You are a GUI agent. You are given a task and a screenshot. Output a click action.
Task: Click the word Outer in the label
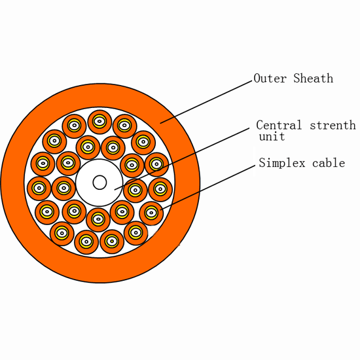click(270, 79)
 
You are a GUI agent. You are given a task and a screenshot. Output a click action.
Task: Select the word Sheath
click(313, 79)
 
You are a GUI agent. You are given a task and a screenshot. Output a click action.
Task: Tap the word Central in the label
click(279, 125)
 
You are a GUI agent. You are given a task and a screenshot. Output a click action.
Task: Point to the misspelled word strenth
click(333, 125)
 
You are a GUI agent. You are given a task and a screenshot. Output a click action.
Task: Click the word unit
click(272, 136)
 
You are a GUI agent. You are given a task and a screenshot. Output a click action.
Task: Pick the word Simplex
click(282, 163)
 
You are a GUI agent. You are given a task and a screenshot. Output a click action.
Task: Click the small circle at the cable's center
click(99, 183)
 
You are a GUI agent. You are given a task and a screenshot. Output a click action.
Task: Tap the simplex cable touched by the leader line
click(151, 213)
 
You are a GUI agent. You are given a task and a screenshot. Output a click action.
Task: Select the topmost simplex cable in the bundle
click(99, 122)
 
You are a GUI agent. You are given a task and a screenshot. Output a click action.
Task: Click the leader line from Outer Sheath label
click(206, 102)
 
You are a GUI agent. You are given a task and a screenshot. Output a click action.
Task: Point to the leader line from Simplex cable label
click(207, 188)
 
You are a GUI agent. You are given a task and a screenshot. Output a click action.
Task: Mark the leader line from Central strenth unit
click(181, 159)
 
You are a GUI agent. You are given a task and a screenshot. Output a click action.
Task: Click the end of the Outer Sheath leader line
click(160, 123)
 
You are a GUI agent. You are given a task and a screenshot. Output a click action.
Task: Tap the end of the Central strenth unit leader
click(115, 190)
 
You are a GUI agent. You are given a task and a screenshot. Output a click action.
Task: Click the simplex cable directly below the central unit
click(98, 220)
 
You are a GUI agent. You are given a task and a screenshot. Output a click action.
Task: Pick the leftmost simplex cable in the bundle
click(39, 189)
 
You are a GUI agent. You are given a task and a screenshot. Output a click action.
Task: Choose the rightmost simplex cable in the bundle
click(160, 189)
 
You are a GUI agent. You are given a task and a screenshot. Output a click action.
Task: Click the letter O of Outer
click(257, 79)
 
